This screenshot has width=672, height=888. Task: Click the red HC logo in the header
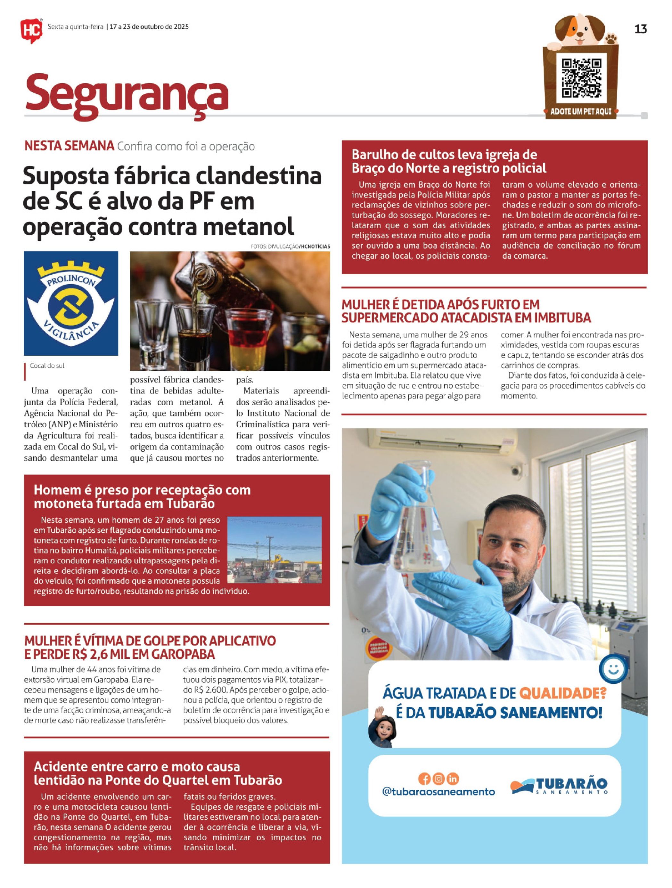pos(31,30)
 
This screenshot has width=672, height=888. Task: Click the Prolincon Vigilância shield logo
pos(71,303)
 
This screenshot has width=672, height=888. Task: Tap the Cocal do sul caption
pos(47,366)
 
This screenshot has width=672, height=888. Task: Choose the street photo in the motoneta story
pos(275,550)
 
